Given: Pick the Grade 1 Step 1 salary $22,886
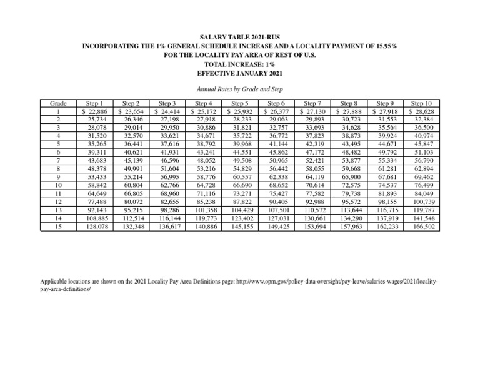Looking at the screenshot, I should coord(92,112).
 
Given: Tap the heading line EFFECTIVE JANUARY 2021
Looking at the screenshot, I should coord(241,73).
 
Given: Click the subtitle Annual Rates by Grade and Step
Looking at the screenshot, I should coord(241,89).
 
